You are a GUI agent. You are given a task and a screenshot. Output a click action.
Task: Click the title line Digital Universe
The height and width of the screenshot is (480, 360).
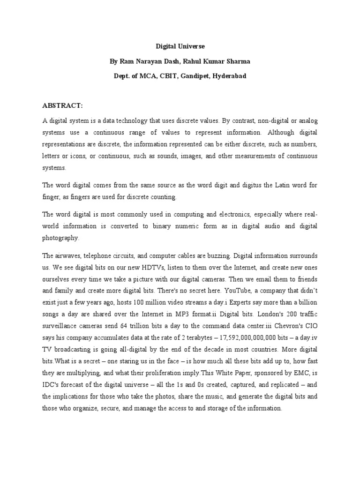[x=180, y=47]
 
